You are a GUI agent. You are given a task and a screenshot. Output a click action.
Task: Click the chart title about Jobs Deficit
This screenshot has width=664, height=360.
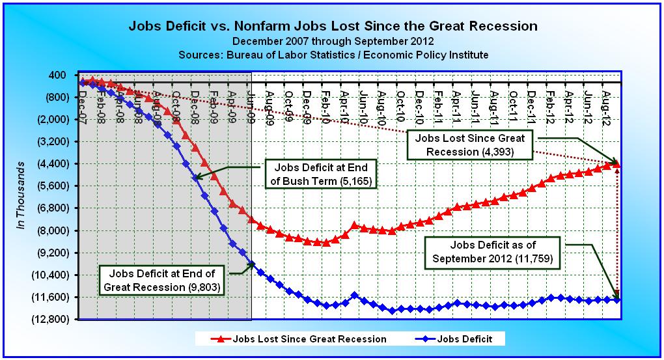tap(333, 27)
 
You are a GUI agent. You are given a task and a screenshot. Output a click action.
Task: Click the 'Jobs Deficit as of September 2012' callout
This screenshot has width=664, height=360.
tap(493, 252)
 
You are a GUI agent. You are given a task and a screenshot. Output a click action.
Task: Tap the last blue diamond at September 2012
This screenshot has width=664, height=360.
tap(617, 299)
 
